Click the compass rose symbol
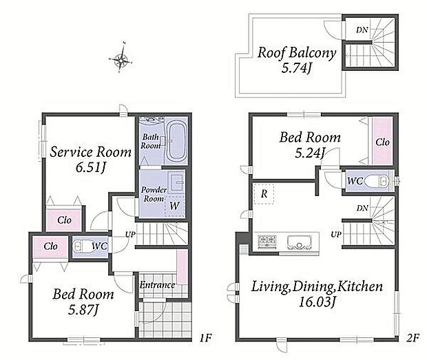tap(121, 58)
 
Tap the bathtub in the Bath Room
tap(176, 142)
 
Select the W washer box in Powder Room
tap(174, 206)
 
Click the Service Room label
tap(91, 152)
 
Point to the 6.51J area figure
tap(90, 167)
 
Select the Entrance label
tap(157, 285)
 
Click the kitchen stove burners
tap(267, 241)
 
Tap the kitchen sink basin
tap(299, 242)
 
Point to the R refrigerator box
tap(264, 193)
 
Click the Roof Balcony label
tap(297, 53)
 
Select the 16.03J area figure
tap(317, 302)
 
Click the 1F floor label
tap(206, 338)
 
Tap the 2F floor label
tap(413, 338)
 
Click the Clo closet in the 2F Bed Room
tap(383, 141)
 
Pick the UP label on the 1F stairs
tap(130, 234)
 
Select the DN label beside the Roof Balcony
tap(362, 30)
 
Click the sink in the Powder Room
tap(176, 180)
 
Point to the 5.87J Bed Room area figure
tap(83, 310)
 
